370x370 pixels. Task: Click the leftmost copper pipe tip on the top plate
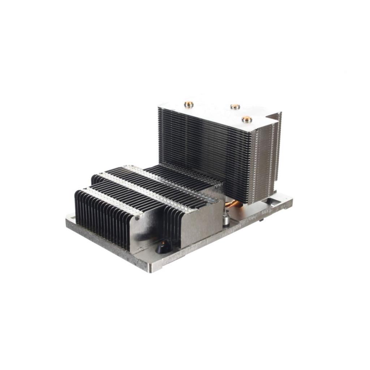[189, 105]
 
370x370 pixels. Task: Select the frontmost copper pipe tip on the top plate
[246, 119]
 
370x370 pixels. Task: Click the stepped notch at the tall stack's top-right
[273, 117]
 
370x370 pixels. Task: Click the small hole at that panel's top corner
[138, 219]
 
